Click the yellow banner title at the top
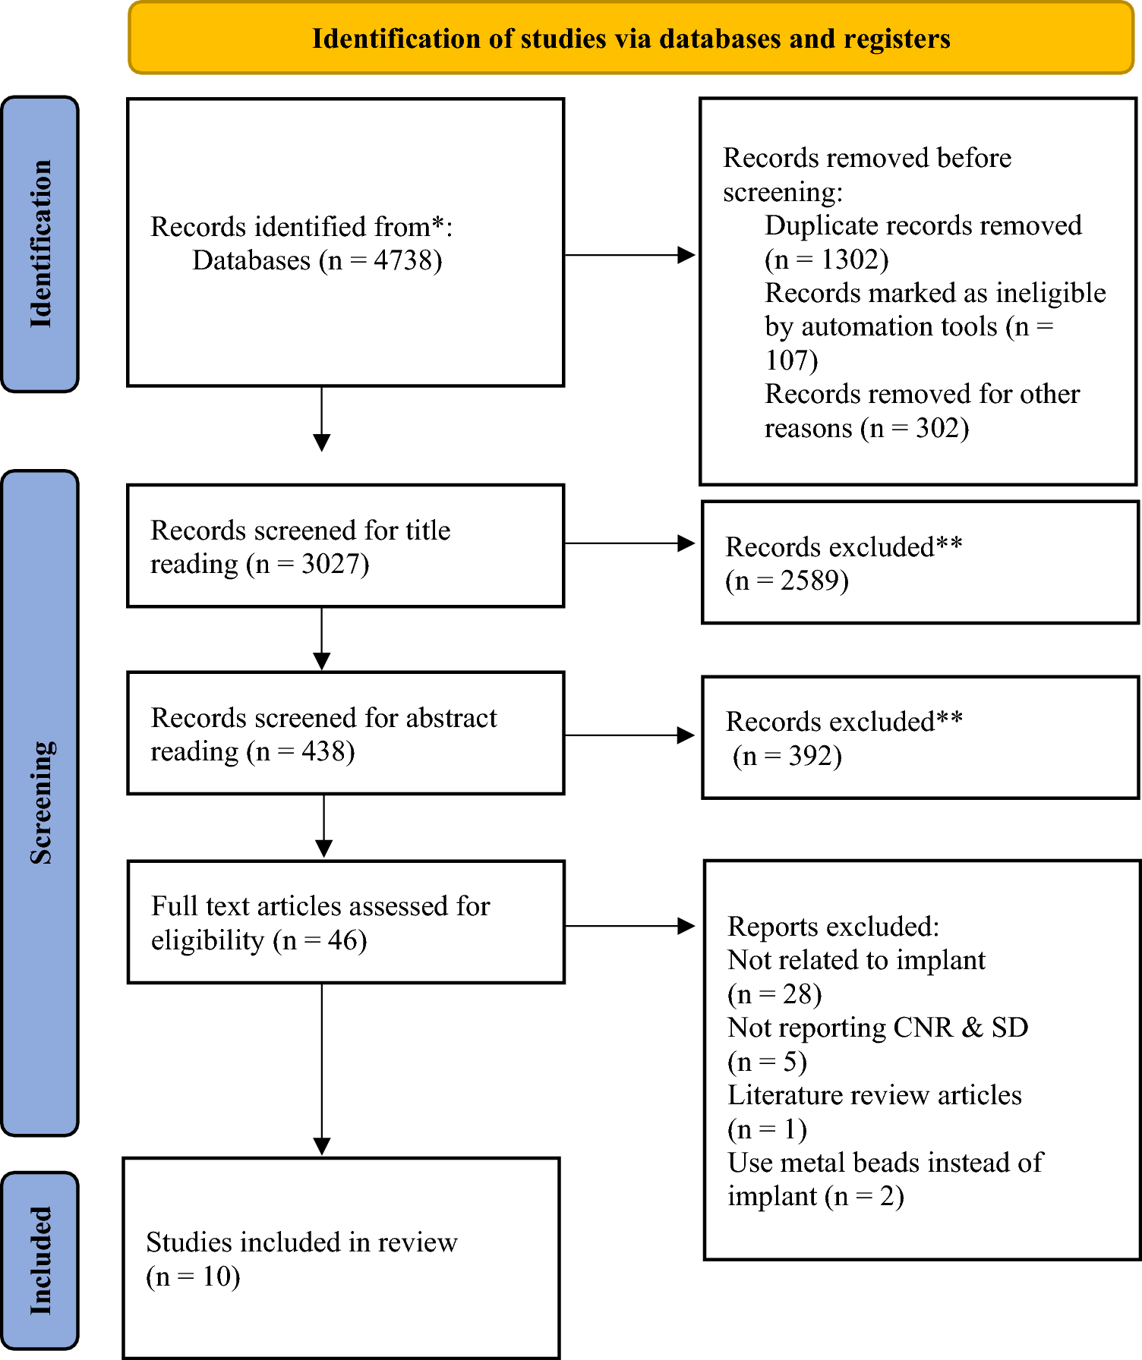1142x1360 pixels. tap(631, 38)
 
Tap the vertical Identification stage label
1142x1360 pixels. tap(41, 244)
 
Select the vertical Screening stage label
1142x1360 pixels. tap(41, 803)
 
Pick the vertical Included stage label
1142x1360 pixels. tap(41, 1261)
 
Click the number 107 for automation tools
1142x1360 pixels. tap(787, 360)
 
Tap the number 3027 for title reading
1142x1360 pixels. tap(330, 564)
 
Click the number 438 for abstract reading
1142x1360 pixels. tap(323, 751)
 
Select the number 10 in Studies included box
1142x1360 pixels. tap(216, 1277)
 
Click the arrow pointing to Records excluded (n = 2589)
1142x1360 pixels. tap(629, 543)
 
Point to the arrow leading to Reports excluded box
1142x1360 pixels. tap(629, 926)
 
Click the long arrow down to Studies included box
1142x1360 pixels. tap(322, 1069)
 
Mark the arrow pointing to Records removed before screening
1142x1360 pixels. tap(629, 255)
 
